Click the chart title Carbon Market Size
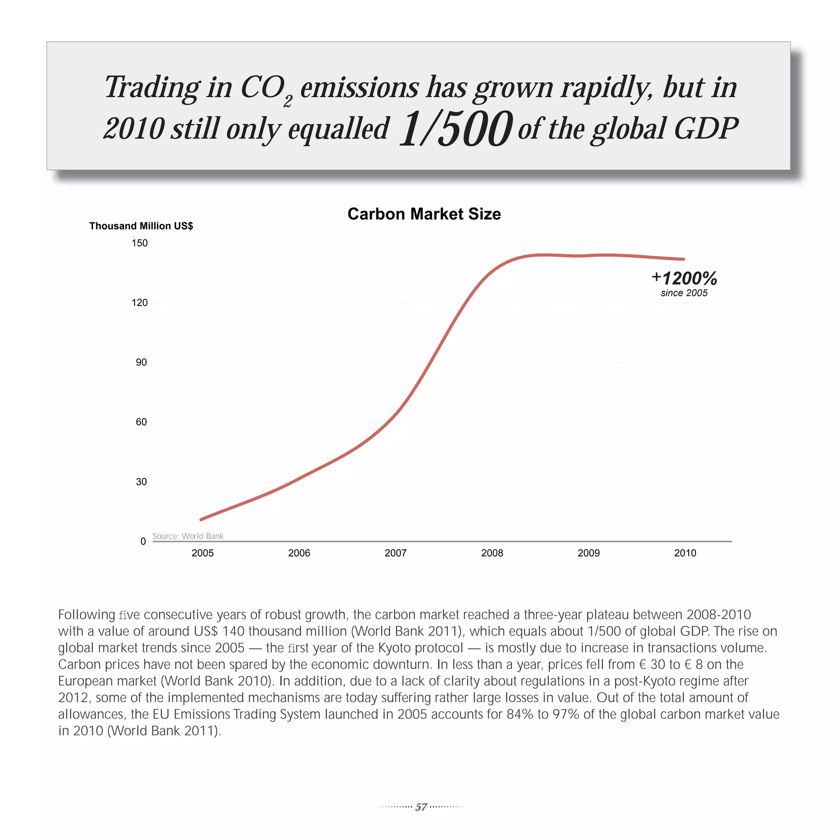(424, 214)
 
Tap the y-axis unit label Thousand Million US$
(141, 226)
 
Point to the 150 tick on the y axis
(139, 243)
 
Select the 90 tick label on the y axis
(141, 362)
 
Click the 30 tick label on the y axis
(141, 482)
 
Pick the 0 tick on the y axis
(143, 541)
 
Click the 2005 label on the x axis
(203, 553)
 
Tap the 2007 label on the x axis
(396, 553)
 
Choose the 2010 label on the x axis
(685, 553)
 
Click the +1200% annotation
(685, 278)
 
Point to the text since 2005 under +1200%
(684, 293)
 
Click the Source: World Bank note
(188, 536)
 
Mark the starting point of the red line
(201, 520)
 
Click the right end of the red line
(684, 259)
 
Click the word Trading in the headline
(152, 87)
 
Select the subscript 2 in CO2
(288, 101)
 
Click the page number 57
(421, 807)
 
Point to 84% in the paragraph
(520, 714)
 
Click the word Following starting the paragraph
(87, 615)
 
